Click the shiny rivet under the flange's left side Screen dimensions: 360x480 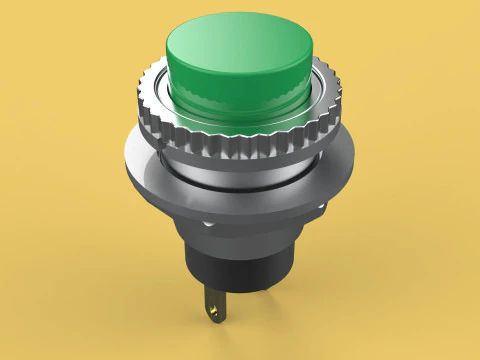click(207, 225)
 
